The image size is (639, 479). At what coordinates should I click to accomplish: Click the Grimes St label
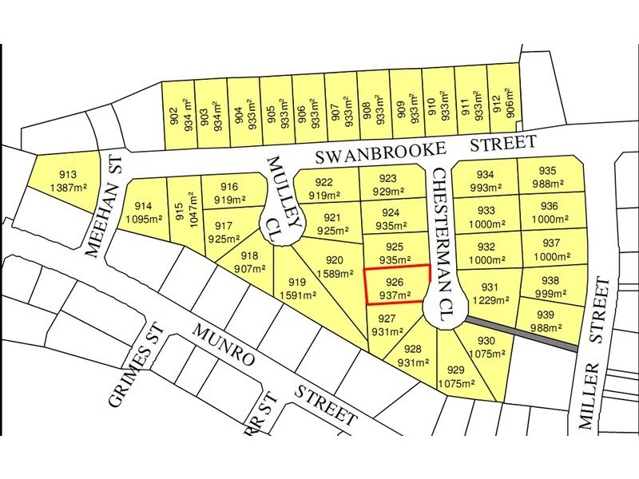click(x=129, y=375)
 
